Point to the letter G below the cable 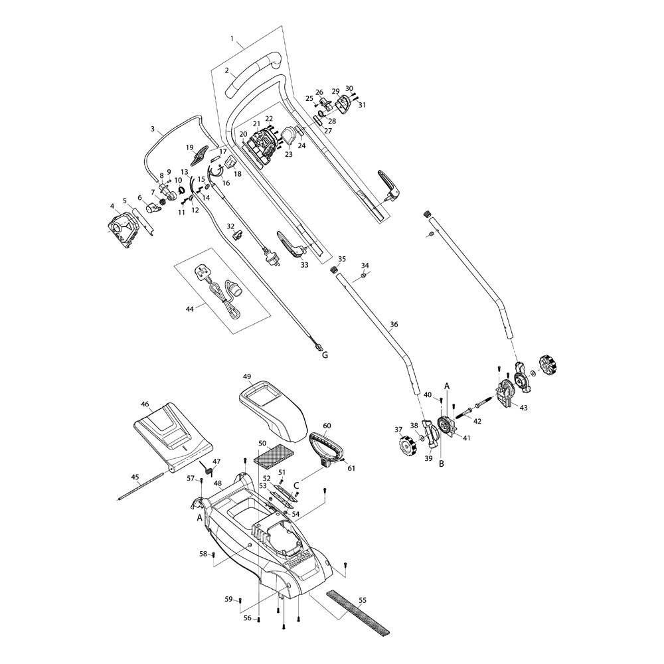[325, 356]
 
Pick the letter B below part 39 [441, 464]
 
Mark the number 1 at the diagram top [232, 40]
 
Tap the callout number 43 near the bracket [523, 407]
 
